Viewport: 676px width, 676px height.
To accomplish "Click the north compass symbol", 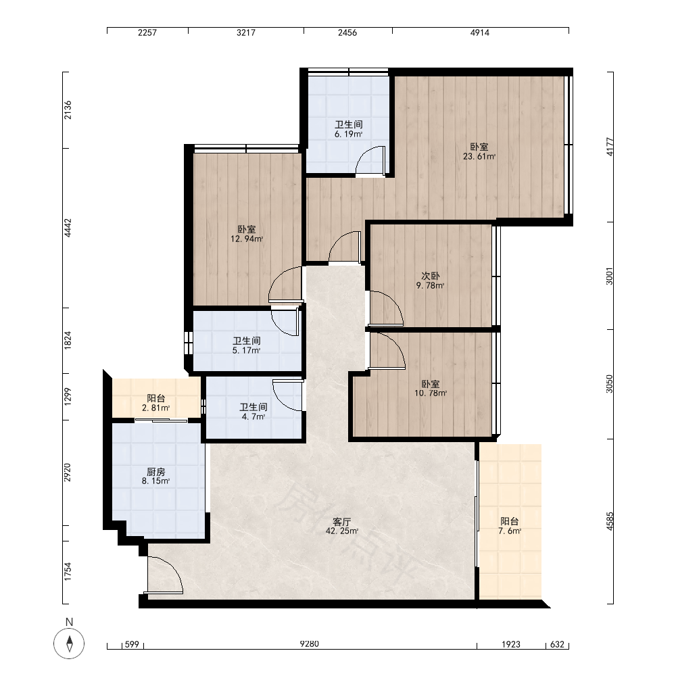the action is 69,644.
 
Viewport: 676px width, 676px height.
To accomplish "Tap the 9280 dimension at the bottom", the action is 309,644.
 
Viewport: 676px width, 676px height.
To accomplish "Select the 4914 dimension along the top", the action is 479,32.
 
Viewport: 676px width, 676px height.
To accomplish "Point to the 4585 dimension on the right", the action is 609,521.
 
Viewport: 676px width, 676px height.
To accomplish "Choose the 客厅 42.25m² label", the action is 341,527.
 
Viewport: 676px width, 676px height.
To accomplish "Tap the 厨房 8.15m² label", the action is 155,477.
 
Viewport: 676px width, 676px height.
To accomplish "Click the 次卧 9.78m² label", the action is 430,281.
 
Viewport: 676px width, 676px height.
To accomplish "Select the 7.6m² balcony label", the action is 510,526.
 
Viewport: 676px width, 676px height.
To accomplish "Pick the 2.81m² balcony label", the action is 155,403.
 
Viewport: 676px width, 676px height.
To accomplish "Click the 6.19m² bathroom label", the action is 348,129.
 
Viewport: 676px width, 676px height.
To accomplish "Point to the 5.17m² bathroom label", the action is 247,345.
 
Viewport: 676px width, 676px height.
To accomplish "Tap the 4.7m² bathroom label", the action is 253,412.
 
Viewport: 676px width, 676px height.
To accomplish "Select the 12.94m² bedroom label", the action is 247,234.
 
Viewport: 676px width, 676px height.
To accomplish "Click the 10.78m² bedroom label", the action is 430,389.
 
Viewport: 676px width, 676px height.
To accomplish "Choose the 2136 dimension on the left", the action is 68,110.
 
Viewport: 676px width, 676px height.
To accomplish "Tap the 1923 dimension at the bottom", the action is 511,644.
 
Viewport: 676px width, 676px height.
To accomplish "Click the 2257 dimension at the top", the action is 147,32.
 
